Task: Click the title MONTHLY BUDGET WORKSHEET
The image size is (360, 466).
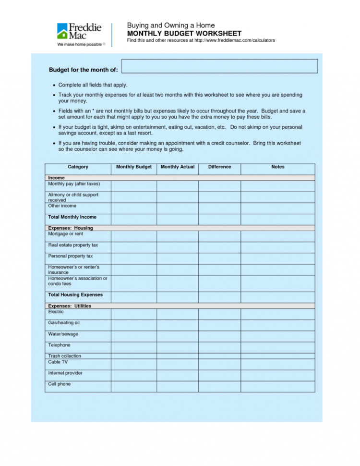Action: click(184, 34)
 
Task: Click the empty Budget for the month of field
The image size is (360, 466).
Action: click(219, 66)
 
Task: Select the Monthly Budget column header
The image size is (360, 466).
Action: click(134, 167)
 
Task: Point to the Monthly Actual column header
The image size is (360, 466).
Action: click(178, 167)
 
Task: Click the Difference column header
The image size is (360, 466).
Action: click(219, 167)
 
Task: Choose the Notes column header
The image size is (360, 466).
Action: click(277, 167)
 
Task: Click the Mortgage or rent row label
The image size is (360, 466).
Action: click(66, 234)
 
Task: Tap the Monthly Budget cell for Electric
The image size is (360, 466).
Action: click(134, 314)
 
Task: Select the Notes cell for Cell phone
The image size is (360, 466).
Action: click(277, 386)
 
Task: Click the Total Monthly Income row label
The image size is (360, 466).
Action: click(72, 217)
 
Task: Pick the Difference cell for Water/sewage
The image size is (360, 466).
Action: click(219, 336)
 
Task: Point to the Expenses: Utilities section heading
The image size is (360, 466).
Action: click(70, 306)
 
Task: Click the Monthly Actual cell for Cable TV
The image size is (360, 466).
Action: click(178, 364)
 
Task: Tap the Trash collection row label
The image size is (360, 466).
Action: click(64, 356)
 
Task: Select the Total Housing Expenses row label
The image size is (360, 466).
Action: click(75, 295)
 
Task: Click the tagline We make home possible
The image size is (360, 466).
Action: click(79, 44)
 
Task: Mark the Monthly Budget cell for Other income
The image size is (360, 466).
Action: click(134, 208)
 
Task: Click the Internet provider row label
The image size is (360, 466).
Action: click(65, 373)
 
